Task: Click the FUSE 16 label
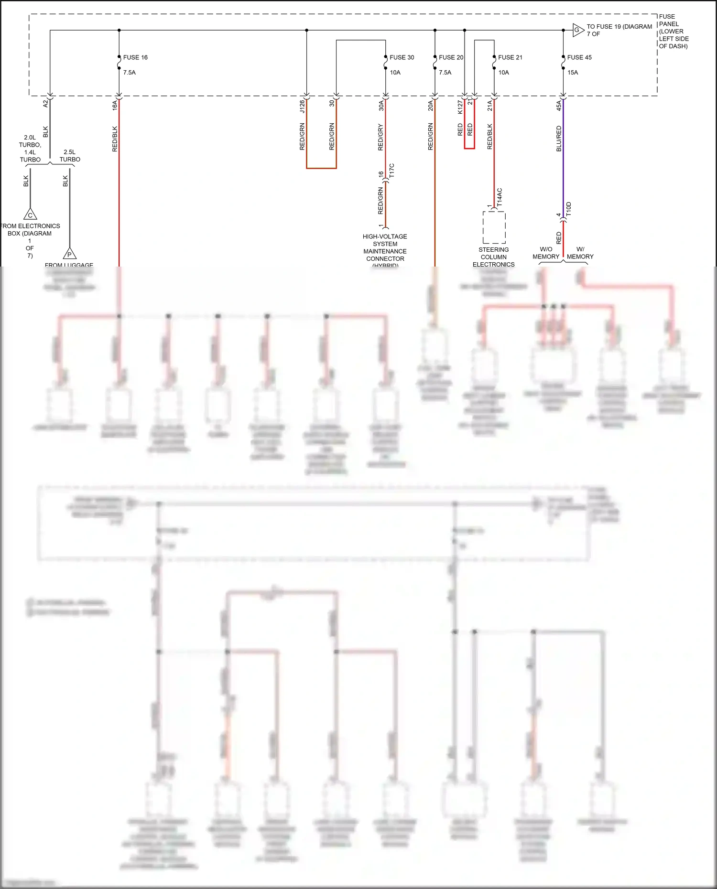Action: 135,57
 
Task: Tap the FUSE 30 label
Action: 402,57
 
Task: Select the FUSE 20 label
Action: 451,57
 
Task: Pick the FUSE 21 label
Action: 510,57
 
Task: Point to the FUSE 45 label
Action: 579,57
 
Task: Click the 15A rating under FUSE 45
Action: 573,73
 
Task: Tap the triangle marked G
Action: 577,30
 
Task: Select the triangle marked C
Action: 30,214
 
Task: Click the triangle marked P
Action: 70,254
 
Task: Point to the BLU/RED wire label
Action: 559,139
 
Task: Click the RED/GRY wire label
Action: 380,138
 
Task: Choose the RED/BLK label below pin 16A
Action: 115,139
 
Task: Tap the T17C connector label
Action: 391,171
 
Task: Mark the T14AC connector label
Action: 500,197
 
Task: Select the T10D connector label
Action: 569,210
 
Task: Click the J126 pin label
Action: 302,106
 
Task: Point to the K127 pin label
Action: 460,107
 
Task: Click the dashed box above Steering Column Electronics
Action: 494,227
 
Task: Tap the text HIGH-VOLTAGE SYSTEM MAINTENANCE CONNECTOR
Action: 385,247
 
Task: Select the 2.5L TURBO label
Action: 70,156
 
